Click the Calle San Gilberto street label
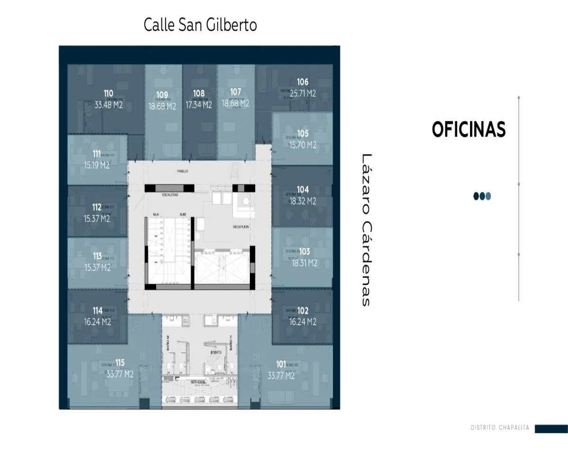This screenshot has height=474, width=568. click(200, 25)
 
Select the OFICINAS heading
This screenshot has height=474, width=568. click(469, 129)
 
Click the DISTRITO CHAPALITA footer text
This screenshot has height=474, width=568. click(500, 428)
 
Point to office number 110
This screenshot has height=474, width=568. click(108, 93)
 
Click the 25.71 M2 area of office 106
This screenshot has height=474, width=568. click(303, 93)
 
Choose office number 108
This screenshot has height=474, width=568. click(199, 93)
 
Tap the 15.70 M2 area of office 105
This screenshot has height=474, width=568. click(303, 145)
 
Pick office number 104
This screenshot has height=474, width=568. click(303, 190)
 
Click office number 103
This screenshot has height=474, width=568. click(304, 252)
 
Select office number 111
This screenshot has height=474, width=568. click(97, 154)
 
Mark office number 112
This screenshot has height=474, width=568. click(97, 207)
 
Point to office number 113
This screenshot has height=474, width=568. click(97, 256)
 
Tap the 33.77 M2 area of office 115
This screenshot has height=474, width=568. click(120, 374)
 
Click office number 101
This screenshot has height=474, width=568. click(281, 365)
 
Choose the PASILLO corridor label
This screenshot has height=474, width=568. click(183, 171)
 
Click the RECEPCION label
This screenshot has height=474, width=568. click(240, 227)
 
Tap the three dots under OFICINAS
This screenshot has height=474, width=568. click(482, 196)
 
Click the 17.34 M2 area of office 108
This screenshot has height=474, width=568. click(199, 105)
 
